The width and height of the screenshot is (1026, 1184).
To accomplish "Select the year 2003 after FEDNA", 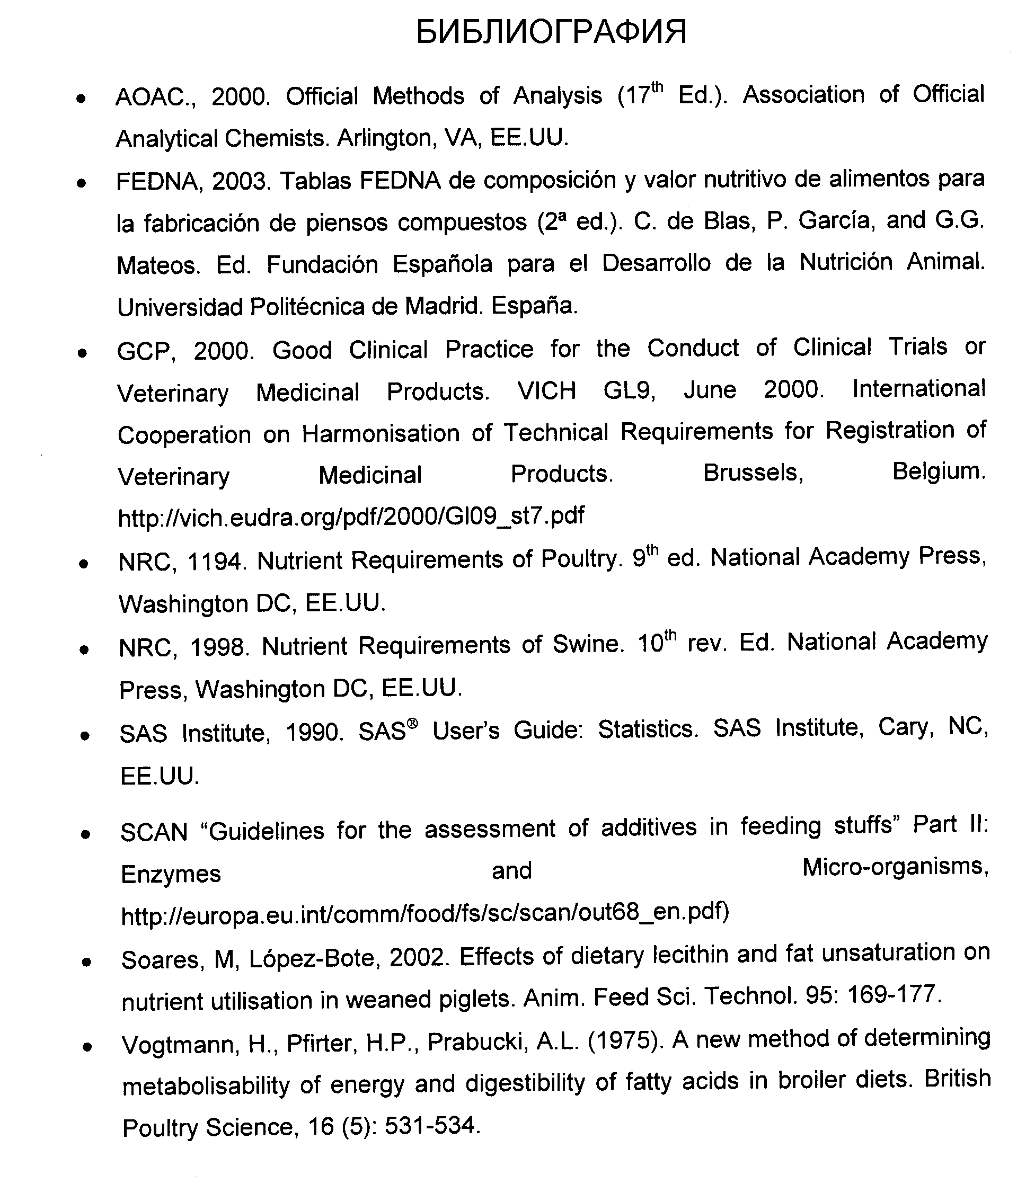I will [x=240, y=182].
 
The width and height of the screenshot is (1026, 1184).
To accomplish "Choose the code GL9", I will [x=629, y=391].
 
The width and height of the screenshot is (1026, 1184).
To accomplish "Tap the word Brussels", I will [x=753, y=473].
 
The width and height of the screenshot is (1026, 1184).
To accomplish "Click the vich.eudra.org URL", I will [x=351, y=517].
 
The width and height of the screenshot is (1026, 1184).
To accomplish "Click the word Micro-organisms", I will [x=895, y=868].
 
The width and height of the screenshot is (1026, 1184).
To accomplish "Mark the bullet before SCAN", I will [x=85, y=835].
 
